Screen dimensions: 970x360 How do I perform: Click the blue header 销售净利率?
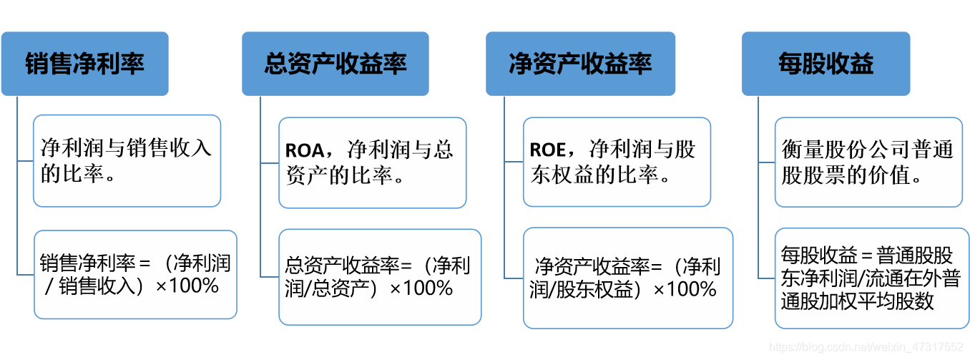coord(84,64)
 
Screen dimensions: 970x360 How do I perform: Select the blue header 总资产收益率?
coord(335,64)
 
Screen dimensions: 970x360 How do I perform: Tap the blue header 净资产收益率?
coord(580,64)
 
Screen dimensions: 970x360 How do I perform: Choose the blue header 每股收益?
coord(826,64)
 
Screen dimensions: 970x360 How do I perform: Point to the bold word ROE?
coord(547,150)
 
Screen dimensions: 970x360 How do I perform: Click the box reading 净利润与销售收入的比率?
coord(127,161)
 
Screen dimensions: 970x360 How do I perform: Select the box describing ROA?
coord(372,162)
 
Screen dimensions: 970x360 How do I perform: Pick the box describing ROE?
coord(617,162)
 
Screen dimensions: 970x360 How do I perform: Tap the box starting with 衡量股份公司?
coord(868,162)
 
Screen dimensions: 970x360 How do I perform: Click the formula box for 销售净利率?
coord(134,275)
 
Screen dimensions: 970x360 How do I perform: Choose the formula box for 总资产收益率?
coord(379,277)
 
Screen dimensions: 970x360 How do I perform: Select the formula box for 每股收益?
coord(871,278)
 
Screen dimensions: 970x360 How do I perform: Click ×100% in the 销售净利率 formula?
coord(187,287)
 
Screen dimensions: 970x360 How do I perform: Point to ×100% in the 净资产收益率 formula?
coord(685,289)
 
